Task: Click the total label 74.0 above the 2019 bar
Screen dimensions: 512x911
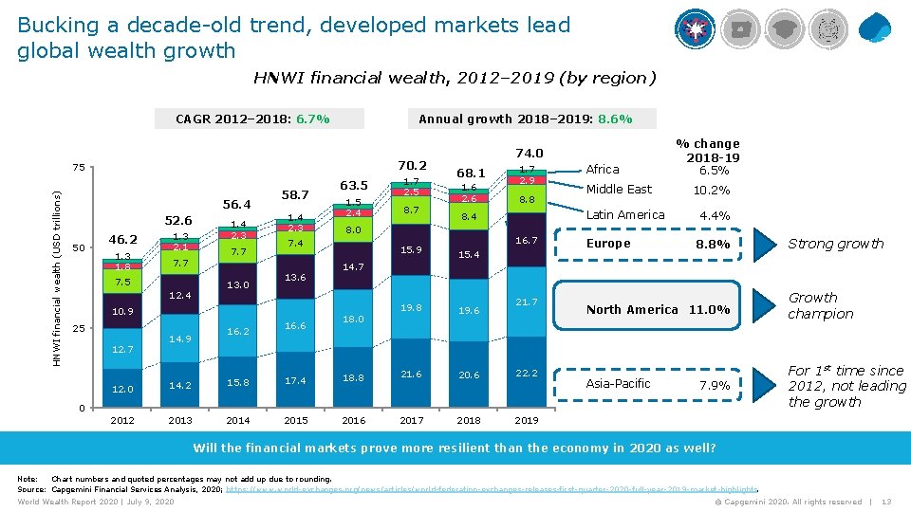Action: click(x=529, y=154)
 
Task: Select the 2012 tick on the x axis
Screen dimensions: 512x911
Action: click(x=122, y=420)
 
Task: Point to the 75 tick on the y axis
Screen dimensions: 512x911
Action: click(x=81, y=169)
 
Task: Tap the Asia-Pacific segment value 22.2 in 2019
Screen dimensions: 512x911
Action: click(x=527, y=374)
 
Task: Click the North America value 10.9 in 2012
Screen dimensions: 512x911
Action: click(x=122, y=311)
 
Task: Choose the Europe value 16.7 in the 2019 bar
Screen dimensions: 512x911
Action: click(x=527, y=242)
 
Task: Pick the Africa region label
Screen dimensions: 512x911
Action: click(x=603, y=170)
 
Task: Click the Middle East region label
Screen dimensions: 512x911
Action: click(x=619, y=190)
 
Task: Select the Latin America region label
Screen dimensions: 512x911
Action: click(x=625, y=215)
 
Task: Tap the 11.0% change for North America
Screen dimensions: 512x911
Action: click(x=709, y=309)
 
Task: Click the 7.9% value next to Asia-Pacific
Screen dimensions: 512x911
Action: click(x=714, y=384)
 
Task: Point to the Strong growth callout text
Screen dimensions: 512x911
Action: click(x=835, y=244)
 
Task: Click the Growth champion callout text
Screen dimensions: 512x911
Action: click(x=821, y=305)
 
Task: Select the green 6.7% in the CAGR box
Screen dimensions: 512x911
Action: click(x=312, y=119)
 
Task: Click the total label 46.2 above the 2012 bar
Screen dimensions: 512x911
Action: click(x=124, y=241)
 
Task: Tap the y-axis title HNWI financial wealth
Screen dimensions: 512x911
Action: click(x=57, y=278)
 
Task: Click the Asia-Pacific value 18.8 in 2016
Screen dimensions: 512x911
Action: click(x=353, y=377)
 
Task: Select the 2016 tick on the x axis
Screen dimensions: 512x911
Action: click(x=353, y=420)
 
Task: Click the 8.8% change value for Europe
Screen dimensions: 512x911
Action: click(x=714, y=244)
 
